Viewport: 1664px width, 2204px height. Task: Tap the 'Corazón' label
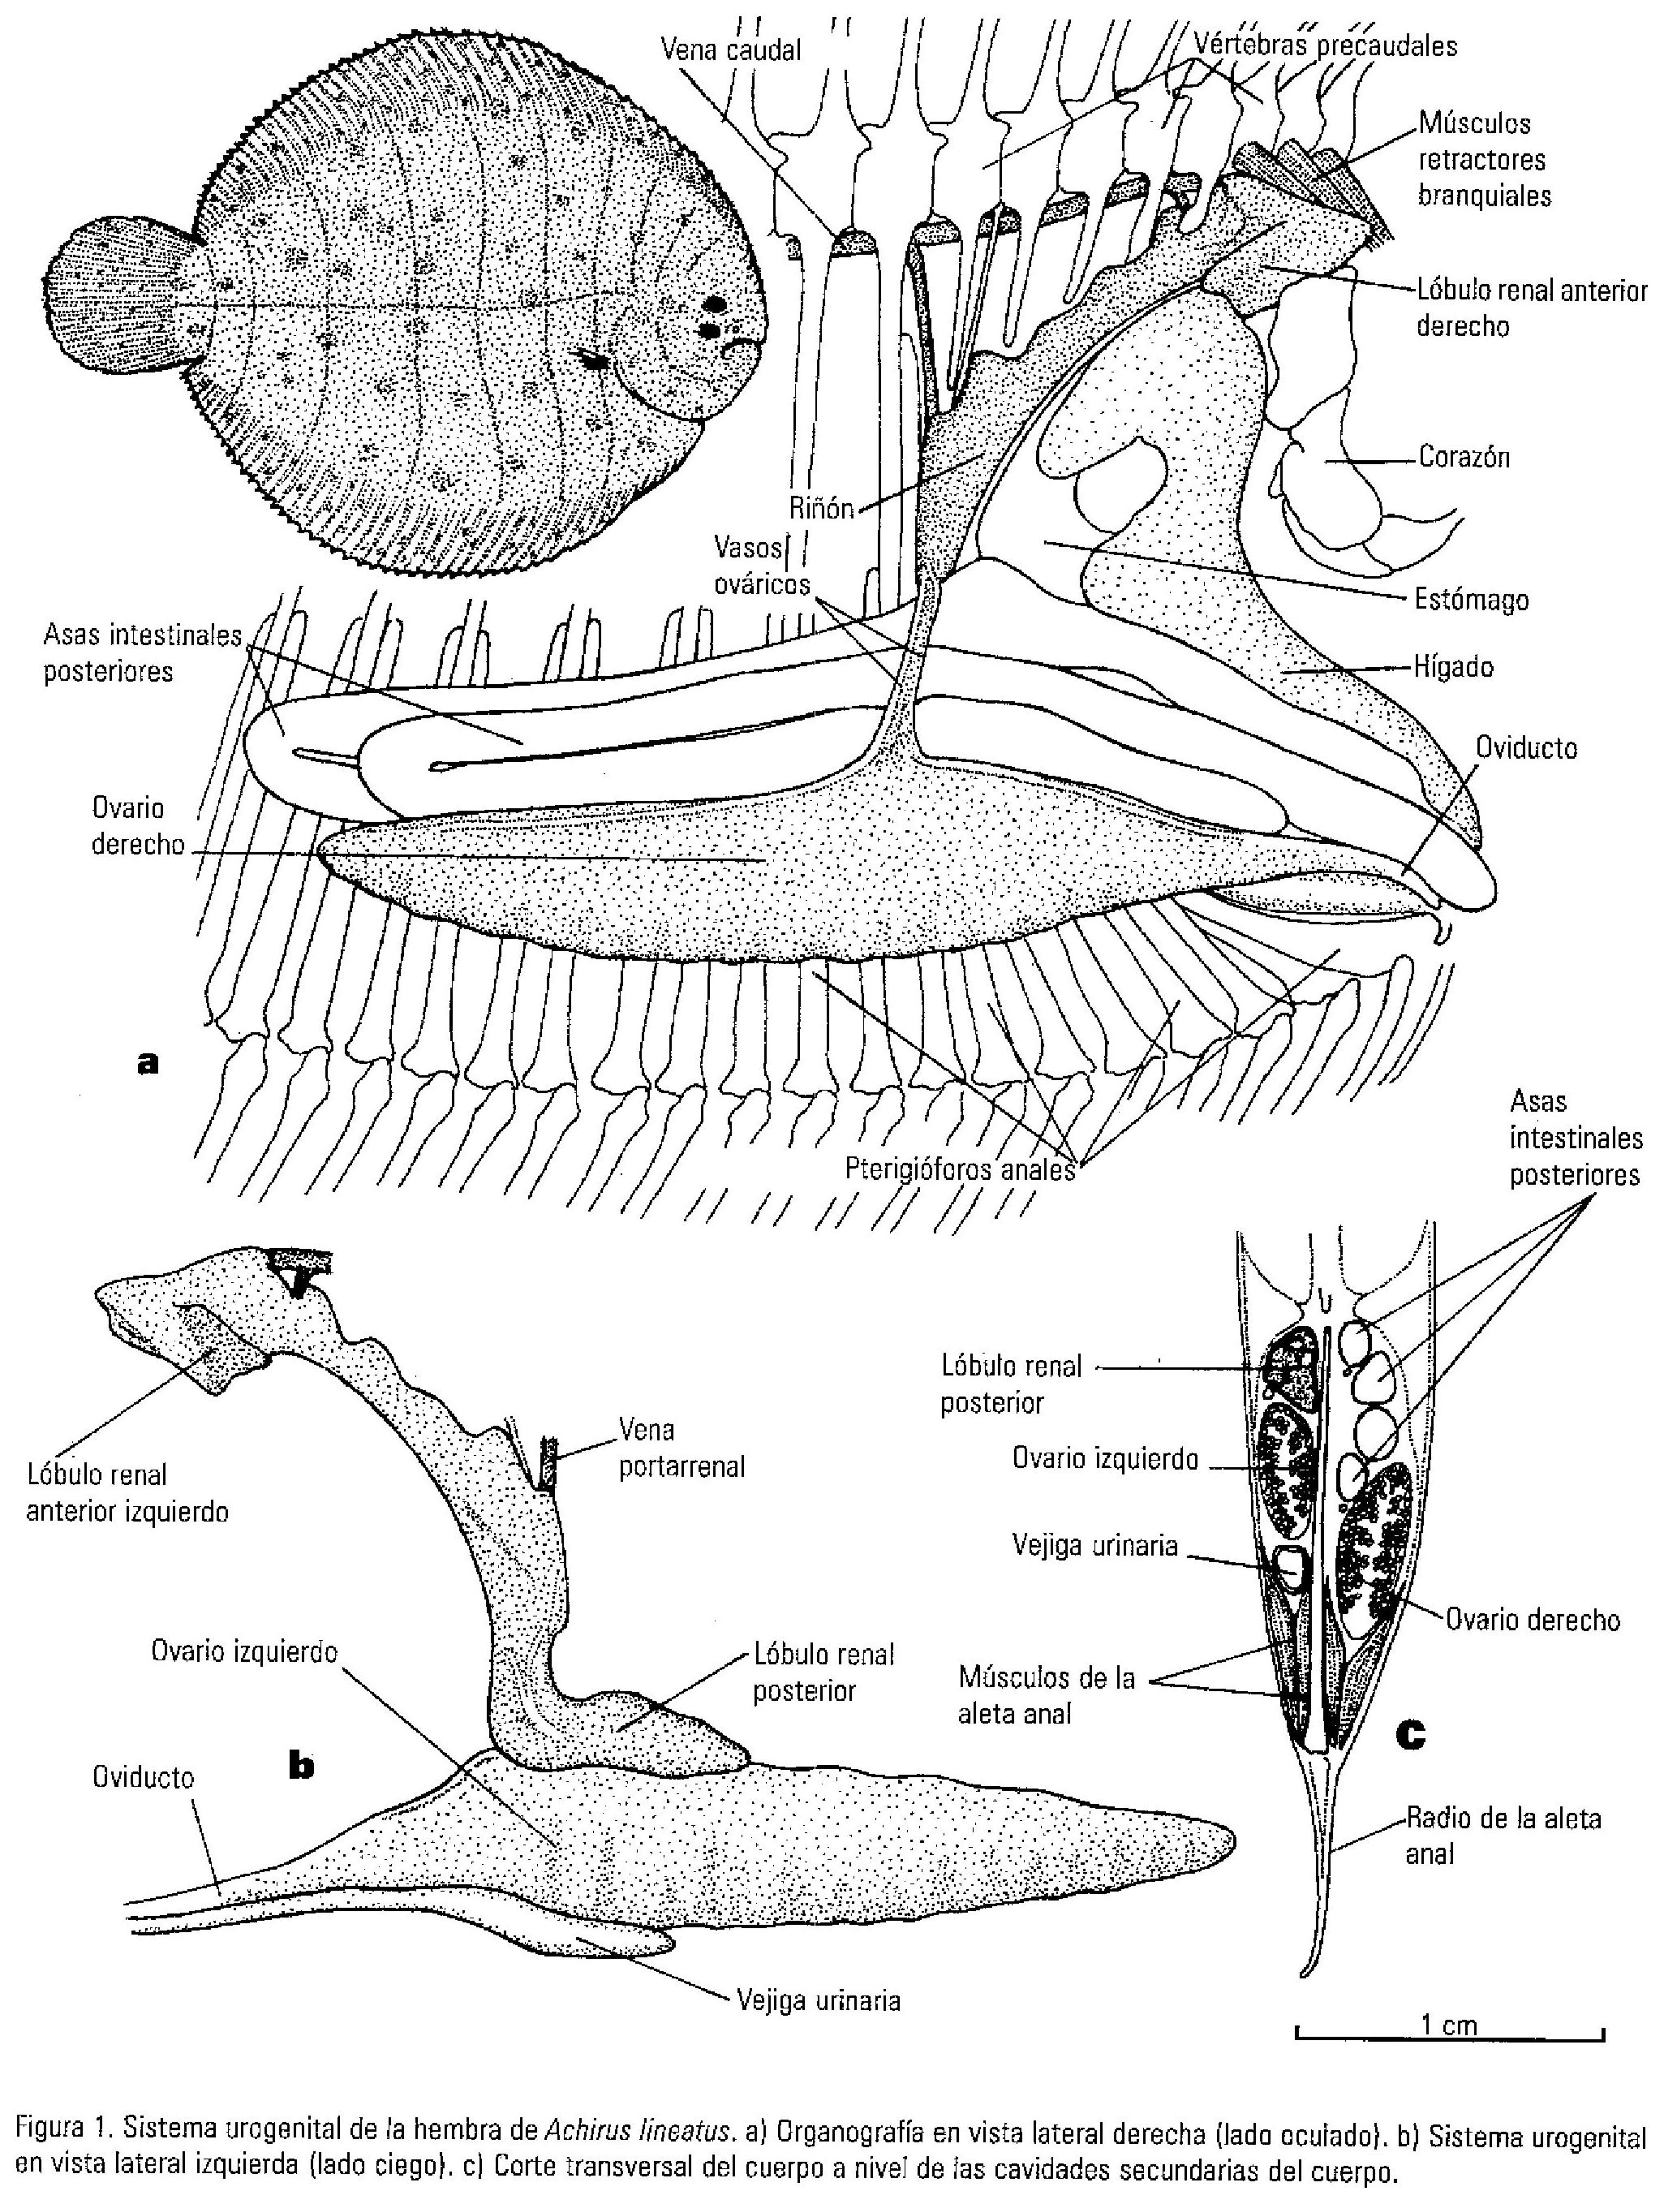pyautogui.click(x=1463, y=458)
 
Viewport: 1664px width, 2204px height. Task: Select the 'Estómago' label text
pyautogui.click(x=1471, y=601)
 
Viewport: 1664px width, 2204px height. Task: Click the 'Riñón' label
pyautogui.click(x=821, y=509)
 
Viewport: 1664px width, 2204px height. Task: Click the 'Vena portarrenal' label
pyautogui.click(x=682, y=1450)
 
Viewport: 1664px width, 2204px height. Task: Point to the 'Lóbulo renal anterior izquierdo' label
pyautogui.click(x=127, y=1494)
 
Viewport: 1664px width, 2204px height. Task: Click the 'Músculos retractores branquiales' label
pyautogui.click(x=1482, y=159)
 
